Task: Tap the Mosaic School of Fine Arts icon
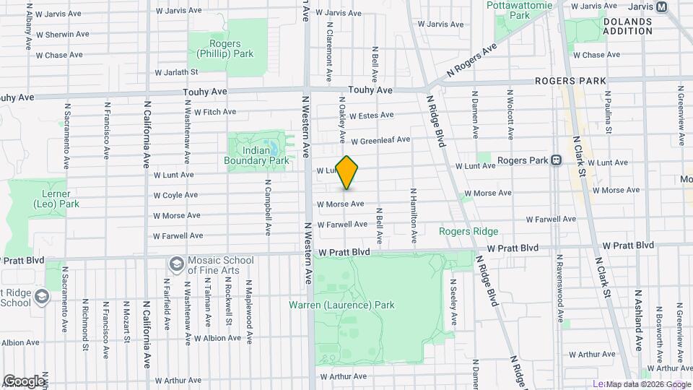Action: coord(175,263)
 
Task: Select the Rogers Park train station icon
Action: coord(557,160)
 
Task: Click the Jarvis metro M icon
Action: coord(662,6)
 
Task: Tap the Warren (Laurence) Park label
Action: coord(342,305)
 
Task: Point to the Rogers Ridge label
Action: coord(469,231)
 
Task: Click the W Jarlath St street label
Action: coord(176,72)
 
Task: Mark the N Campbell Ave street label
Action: coord(267,208)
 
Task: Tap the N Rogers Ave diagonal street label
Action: coord(472,59)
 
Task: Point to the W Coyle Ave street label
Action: coord(175,195)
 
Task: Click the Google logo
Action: coord(23,381)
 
